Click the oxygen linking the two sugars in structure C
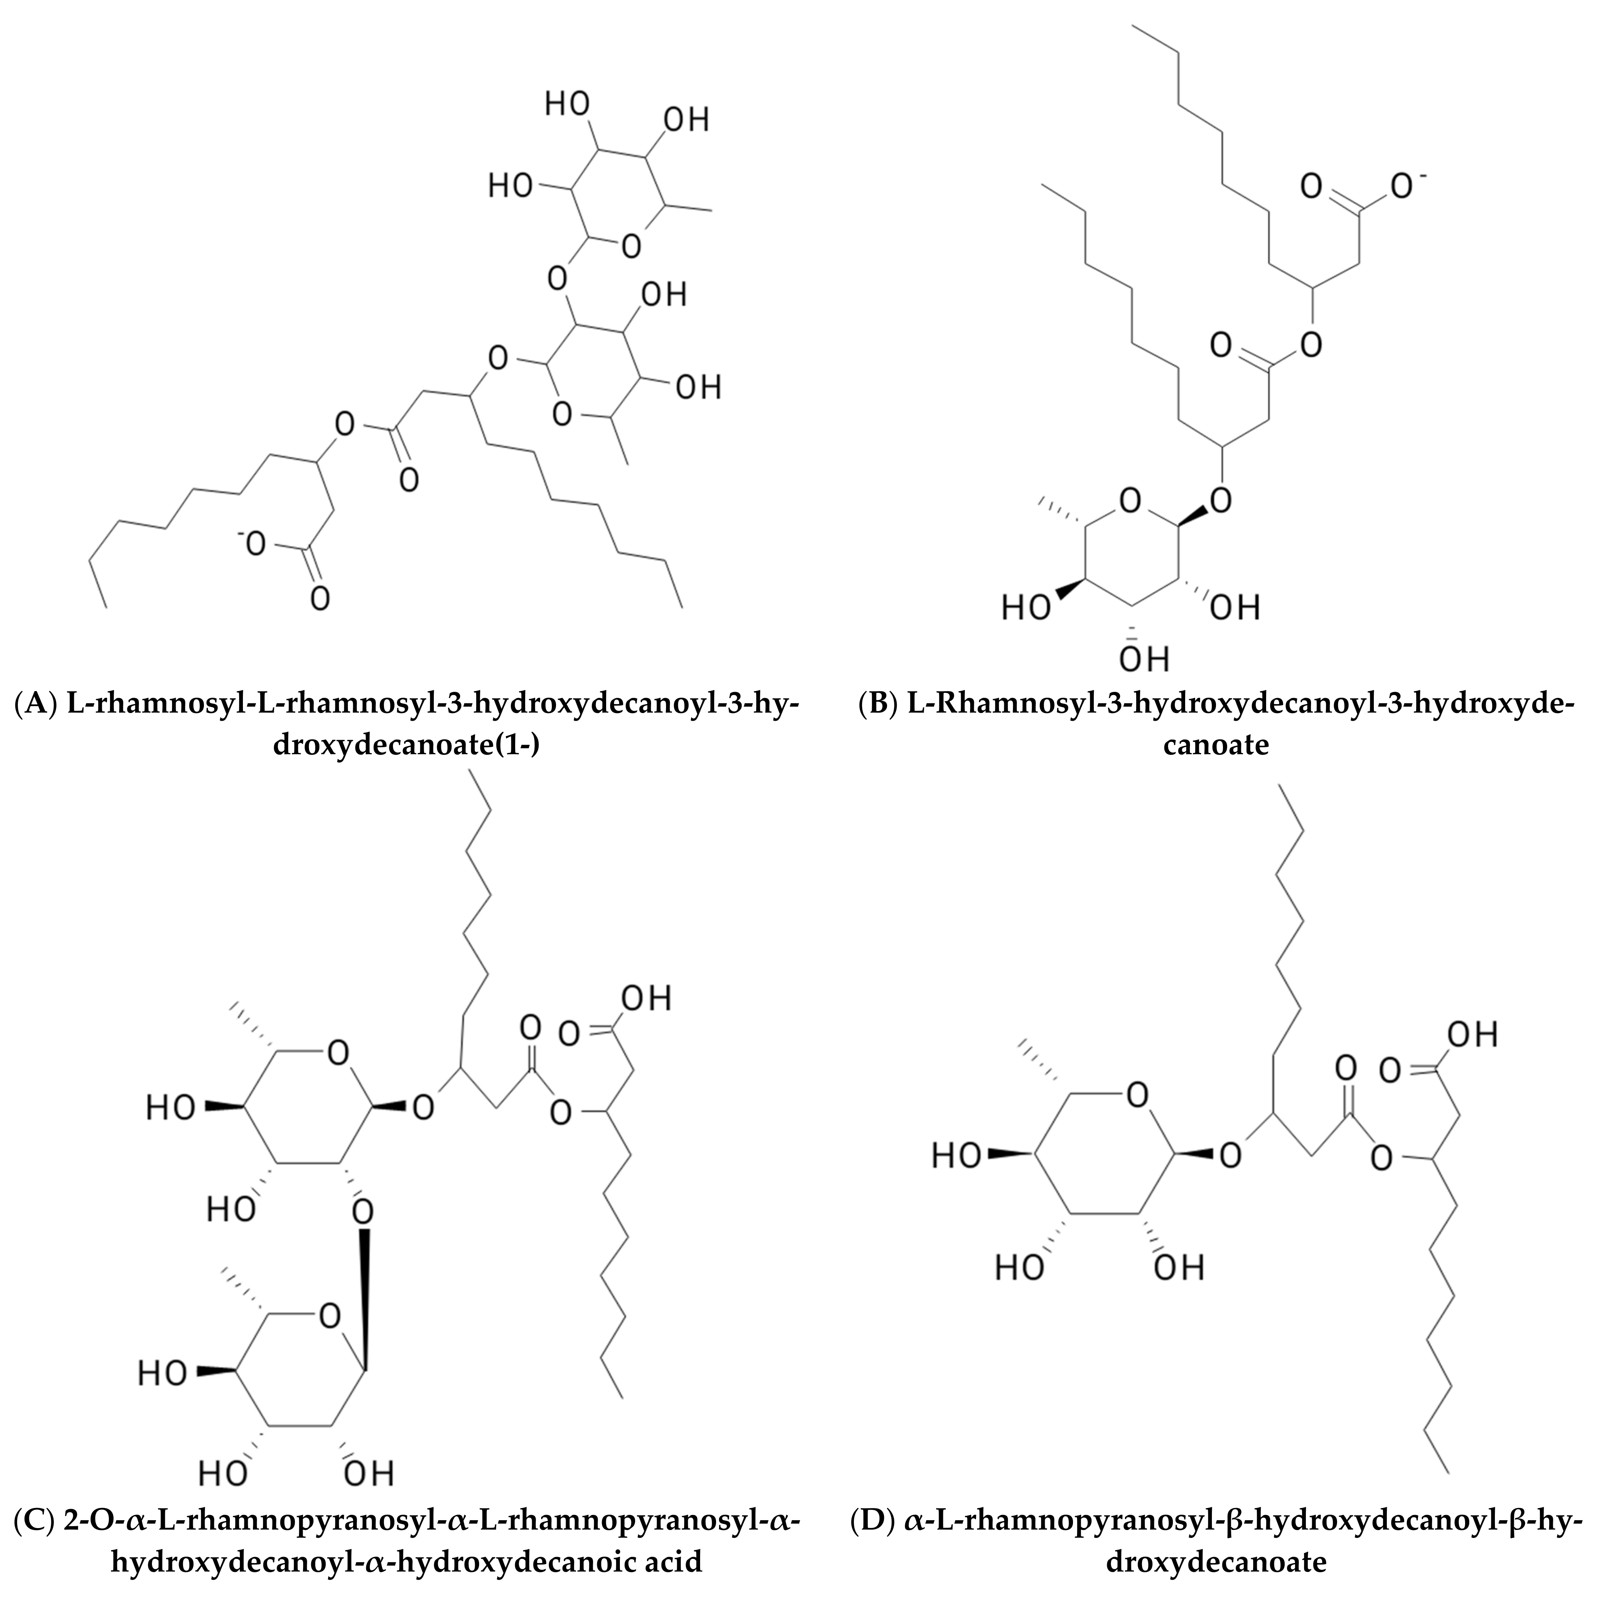pos(362,1212)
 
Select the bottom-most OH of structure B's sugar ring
pos(1145,659)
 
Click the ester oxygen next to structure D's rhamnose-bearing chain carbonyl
pos(1380,1157)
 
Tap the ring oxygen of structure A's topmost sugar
pos(632,244)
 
